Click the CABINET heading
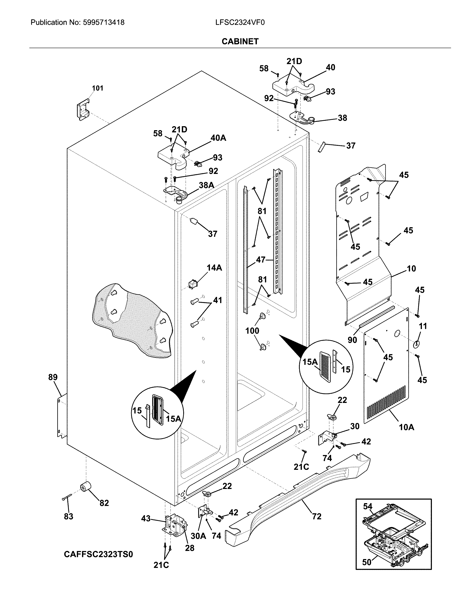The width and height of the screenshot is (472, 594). point(240,41)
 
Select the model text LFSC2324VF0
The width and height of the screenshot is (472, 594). point(240,22)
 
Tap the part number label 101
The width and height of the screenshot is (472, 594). point(97,88)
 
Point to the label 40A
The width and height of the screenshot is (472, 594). point(218,138)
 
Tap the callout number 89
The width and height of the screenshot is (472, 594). point(53,377)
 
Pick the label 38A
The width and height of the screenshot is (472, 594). point(206,185)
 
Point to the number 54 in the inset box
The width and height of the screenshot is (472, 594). point(367,506)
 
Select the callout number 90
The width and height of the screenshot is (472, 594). point(352,340)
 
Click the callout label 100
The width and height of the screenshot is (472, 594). point(252,331)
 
